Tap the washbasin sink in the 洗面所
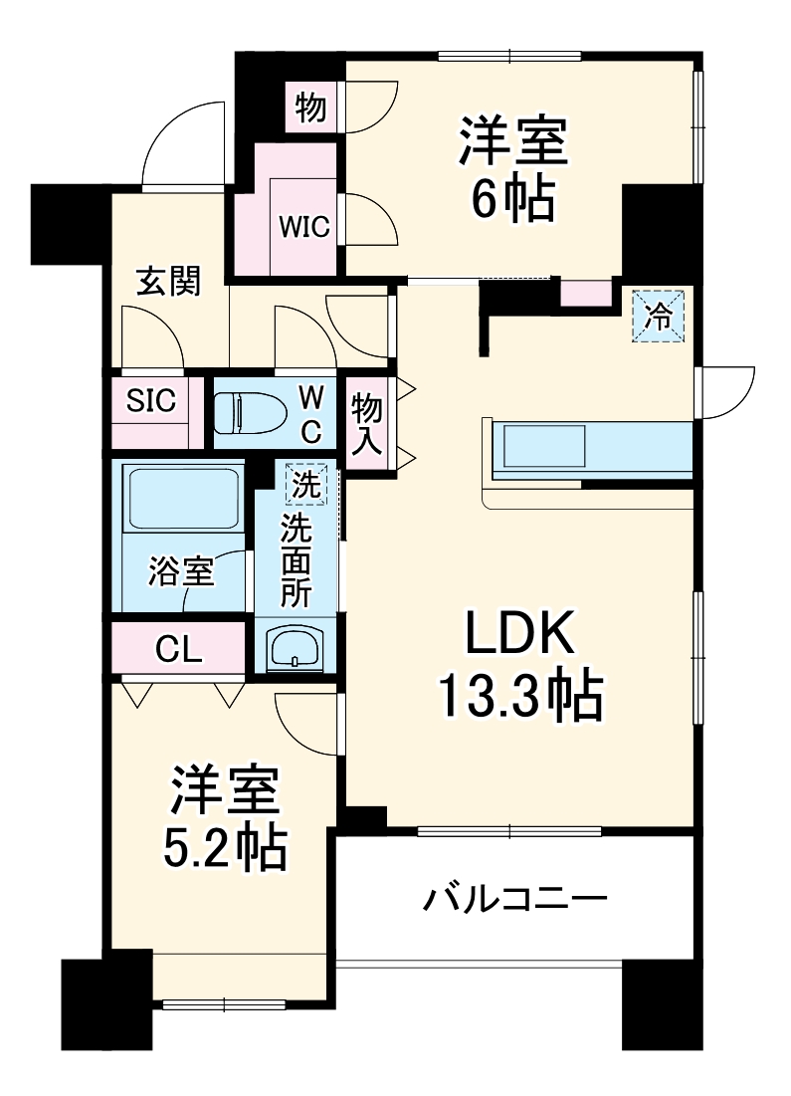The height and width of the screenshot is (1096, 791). coord(295,648)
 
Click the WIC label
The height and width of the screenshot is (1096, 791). coord(303,226)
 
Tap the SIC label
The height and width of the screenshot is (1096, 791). coord(150,401)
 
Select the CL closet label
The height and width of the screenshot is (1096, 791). coord(179,649)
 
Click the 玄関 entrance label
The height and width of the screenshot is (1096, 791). coord(168,282)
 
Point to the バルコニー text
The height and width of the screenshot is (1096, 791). coord(515,901)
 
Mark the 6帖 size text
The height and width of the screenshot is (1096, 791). coord(512,202)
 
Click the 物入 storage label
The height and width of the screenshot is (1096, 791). coord(367,422)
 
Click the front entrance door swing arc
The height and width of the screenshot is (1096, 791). coord(179,139)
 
